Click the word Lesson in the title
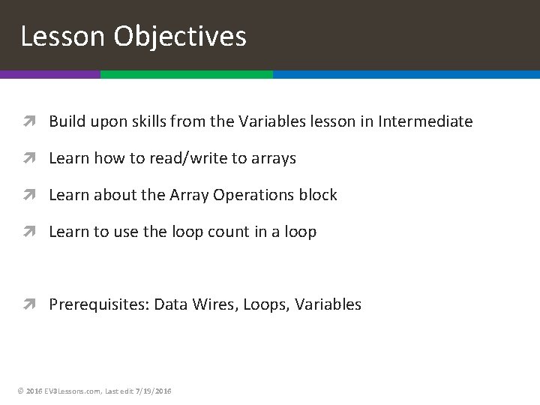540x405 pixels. tap(64, 36)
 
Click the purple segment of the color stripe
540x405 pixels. tap(49, 75)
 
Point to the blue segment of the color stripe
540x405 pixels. tap(406, 75)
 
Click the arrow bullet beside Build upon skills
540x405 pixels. tap(34, 121)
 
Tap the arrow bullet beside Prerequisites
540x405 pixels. tap(34, 304)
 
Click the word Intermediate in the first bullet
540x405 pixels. tap(427, 121)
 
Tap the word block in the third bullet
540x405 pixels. tap(319, 195)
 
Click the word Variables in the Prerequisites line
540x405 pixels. tap(328, 304)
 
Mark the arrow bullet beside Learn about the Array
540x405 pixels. tap(34, 195)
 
